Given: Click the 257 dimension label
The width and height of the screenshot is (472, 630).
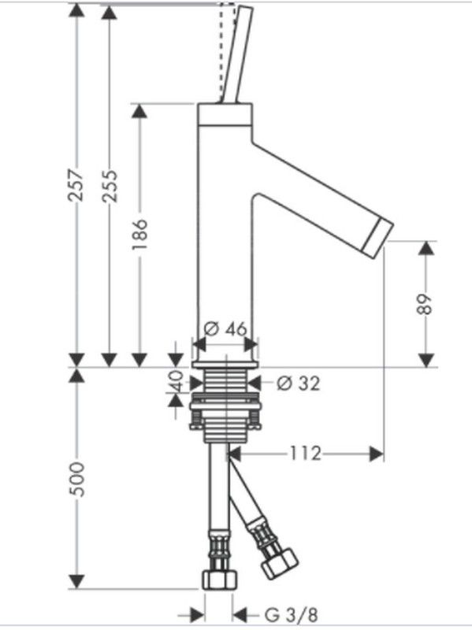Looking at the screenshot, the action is point(76,185).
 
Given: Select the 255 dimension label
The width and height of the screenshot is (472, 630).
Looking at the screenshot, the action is point(109,186).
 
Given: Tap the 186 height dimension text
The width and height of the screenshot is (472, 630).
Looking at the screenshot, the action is point(140,234).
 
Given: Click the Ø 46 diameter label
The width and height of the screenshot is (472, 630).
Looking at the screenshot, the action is point(225,329).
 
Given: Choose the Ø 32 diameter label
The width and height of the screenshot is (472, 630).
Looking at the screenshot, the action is point(299,384).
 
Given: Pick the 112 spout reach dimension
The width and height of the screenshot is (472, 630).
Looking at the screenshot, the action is point(305,454).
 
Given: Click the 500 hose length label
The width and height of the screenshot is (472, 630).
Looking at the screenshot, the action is point(76,480).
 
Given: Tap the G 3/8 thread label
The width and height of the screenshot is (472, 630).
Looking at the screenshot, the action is point(292,615).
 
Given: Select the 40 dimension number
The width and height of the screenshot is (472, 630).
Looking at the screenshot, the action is point(175,381).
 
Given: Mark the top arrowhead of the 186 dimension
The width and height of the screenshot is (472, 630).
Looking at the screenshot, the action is point(139,111).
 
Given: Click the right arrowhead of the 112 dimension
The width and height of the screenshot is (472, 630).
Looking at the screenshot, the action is point(377,454).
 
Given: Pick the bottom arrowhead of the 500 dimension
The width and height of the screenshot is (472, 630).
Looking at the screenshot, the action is point(76,582).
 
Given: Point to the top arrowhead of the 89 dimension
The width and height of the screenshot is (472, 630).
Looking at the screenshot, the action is point(426,248).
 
